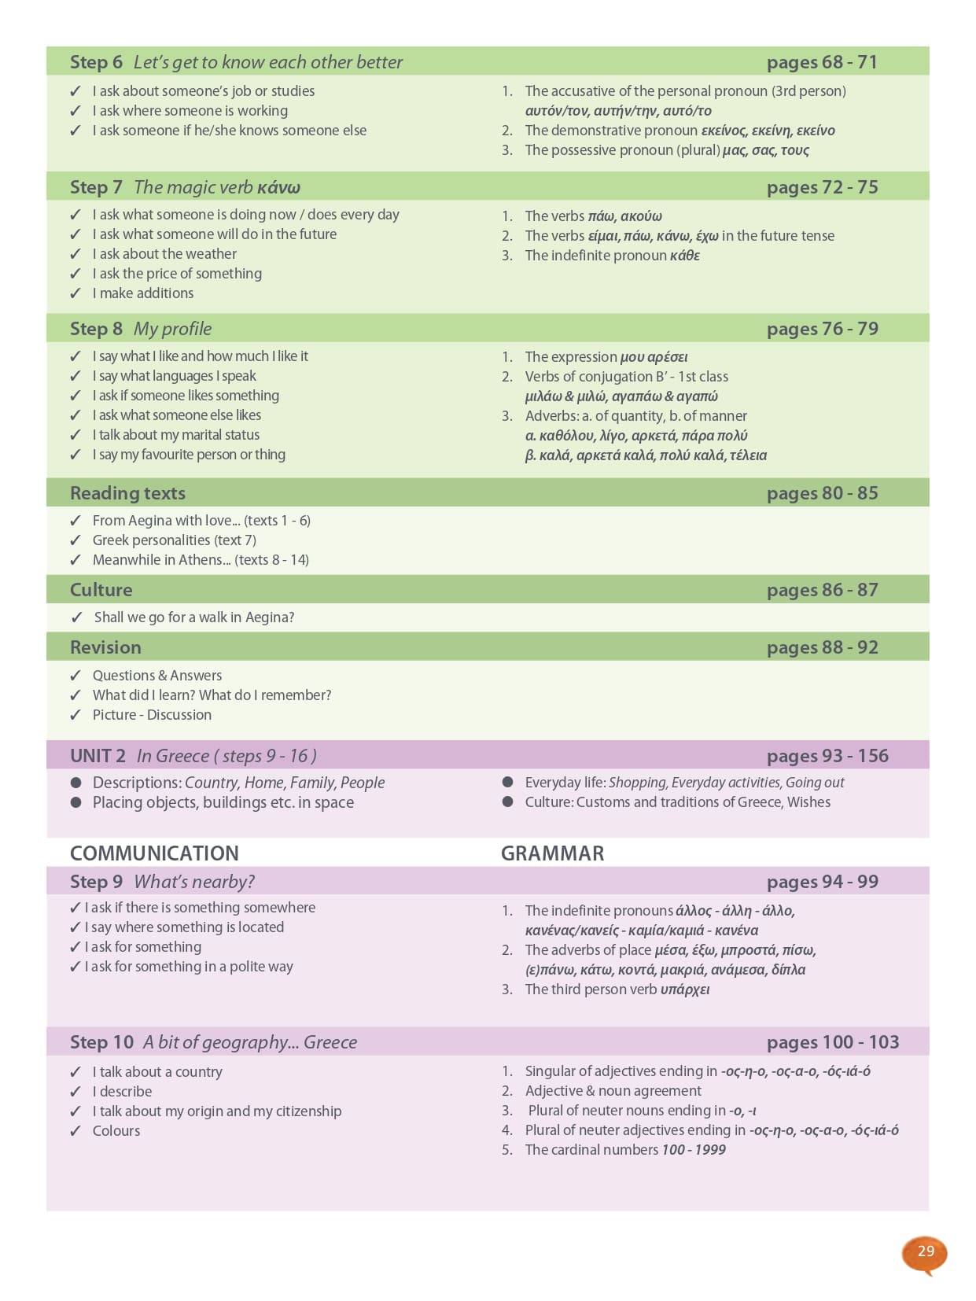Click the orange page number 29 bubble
925,1251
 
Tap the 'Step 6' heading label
96,62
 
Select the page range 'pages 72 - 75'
822,187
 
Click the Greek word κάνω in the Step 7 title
278,187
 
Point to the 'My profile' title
172,329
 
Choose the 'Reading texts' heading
127,493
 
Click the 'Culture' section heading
101,590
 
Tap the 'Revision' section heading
105,647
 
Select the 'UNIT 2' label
98,756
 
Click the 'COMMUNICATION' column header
154,853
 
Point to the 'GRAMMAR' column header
552,853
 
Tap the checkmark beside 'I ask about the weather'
76,254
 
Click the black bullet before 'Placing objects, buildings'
76,802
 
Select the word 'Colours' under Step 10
116,1131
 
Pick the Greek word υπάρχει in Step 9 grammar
684,990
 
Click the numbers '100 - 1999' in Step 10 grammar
693,1150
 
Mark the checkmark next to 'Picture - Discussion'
76,715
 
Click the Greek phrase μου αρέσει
654,357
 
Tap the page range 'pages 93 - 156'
827,756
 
